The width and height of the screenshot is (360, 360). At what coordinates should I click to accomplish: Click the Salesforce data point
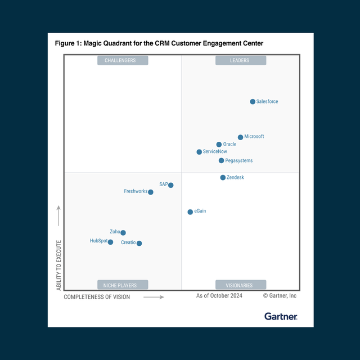pyautogui.click(x=253, y=102)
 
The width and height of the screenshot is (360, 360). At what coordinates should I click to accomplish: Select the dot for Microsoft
pyautogui.click(x=240, y=137)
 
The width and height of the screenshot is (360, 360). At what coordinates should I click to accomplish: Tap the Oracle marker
pyautogui.click(x=219, y=145)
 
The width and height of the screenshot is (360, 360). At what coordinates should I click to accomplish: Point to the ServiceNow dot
pyautogui.click(x=199, y=152)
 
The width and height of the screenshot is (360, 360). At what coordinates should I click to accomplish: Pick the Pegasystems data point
pyautogui.click(x=221, y=161)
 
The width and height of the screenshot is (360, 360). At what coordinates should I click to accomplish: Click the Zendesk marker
pyautogui.click(x=223, y=178)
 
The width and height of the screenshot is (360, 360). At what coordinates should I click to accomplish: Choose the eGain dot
pyautogui.click(x=190, y=212)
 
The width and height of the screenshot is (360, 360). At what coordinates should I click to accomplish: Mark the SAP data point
pyautogui.click(x=171, y=185)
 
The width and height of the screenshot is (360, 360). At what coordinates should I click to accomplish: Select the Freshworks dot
pyautogui.click(x=151, y=192)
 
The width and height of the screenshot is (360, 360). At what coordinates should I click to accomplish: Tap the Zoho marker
pyautogui.click(x=123, y=233)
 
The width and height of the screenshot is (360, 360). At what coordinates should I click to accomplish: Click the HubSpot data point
pyautogui.click(x=110, y=242)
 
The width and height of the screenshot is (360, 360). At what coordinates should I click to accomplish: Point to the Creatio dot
pyautogui.click(x=139, y=244)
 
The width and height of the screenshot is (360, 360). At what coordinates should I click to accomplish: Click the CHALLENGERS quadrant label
pyautogui.click(x=123, y=61)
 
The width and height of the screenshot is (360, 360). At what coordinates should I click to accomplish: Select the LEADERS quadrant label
pyautogui.click(x=240, y=61)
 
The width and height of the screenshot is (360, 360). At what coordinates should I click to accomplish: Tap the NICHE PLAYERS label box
pyautogui.click(x=123, y=285)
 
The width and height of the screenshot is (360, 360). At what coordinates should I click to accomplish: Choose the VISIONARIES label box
pyautogui.click(x=240, y=285)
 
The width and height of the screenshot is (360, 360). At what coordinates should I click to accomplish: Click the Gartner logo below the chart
pyautogui.click(x=281, y=317)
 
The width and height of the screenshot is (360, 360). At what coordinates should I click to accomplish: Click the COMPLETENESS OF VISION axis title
pyautogui.click(x=97, y=296)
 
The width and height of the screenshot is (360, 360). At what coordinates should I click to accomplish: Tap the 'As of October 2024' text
pyautogui.click(x=219, y=296)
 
